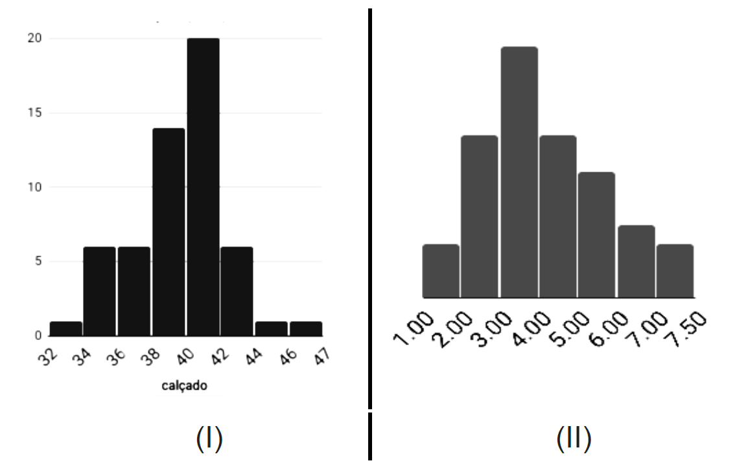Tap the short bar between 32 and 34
click(x=66, y=329)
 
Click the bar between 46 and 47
click(x=305, y=329)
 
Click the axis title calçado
click(x=185, y=386)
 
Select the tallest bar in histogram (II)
click(x=519, y=172)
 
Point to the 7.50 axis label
click(x=689, y=330)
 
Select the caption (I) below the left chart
click(x=209, y=439)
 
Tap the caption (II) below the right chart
click(x=574, y=439)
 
